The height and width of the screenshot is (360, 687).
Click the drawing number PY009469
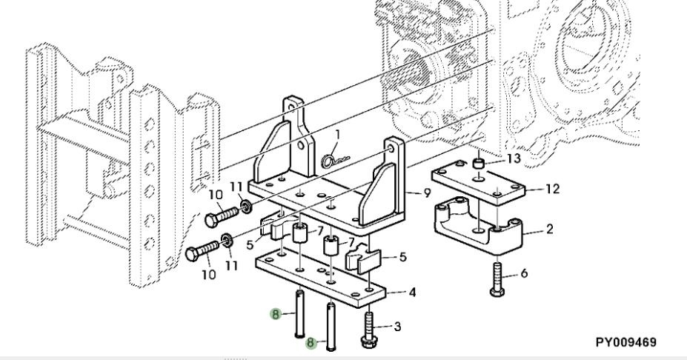pyautogui.click(x=625, y=342)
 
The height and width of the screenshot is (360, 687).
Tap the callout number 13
pyautogui.click(x=514, y=158)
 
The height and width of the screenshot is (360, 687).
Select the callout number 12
pyautogui.click(x=553, y=189)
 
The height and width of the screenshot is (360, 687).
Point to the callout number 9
pyautogui.click(x=427, y=193)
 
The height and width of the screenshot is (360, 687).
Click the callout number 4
pyautogui.click(x=412, y=292)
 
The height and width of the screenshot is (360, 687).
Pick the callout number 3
pyautogui.click(x=397, y=326)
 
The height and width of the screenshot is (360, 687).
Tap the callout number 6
pyautogui.click(x=524, y=273)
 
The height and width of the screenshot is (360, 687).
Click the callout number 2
pyautogui.click(x=549, y=228)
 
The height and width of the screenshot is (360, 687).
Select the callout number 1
pyautogui.click(x=337, y=135)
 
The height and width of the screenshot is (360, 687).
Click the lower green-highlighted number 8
pyautogui.click(x=311, y=342)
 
